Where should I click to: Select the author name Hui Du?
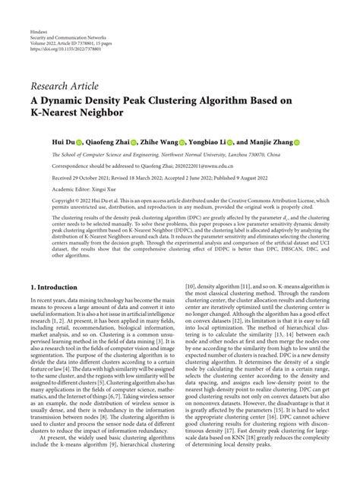(x=62, y=141)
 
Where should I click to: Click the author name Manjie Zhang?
(x=270, y=141)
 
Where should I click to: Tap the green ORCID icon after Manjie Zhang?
(x=297, y=141)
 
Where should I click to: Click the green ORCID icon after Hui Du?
(x=78, y=141)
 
